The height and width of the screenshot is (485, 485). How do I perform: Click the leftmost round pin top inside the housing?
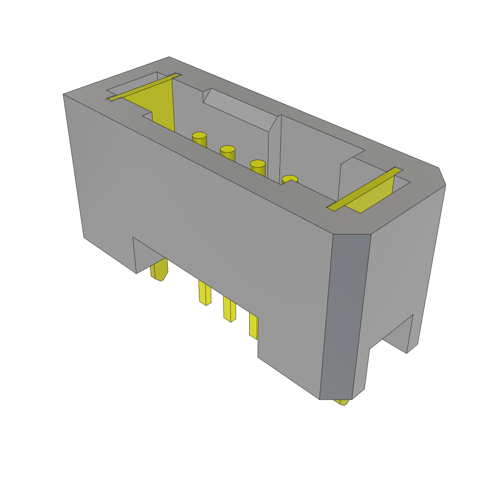tap(199, 135)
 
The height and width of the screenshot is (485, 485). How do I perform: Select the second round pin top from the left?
tap(227, 149)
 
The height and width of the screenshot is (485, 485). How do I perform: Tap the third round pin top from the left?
tap(258, 163)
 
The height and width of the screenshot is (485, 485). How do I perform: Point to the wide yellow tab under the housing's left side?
tap(160, 270)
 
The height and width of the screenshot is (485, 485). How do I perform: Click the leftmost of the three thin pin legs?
tap(205, 294)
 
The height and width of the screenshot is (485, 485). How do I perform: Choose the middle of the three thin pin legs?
tap(229, 310)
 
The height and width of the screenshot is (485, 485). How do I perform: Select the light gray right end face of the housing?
tap(403, 265)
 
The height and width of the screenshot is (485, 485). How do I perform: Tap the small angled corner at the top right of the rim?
tap(442, 176)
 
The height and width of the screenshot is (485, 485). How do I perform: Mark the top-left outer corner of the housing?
tap(64, 94)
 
